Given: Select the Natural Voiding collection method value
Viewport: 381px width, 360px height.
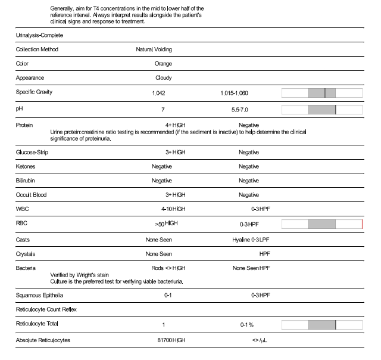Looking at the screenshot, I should coord(154,49).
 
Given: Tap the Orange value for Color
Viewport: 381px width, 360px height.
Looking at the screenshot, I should coord(163,64).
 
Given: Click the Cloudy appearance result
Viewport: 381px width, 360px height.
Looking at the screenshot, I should coord(163,78).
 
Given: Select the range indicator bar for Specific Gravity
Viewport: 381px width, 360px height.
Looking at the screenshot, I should coord(321,93).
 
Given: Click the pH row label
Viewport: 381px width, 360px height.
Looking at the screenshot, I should coord(19,110).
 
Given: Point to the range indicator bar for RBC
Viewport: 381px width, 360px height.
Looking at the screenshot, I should coord(321,224).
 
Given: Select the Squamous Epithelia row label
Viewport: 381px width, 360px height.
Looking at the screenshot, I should coord(39,295).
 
